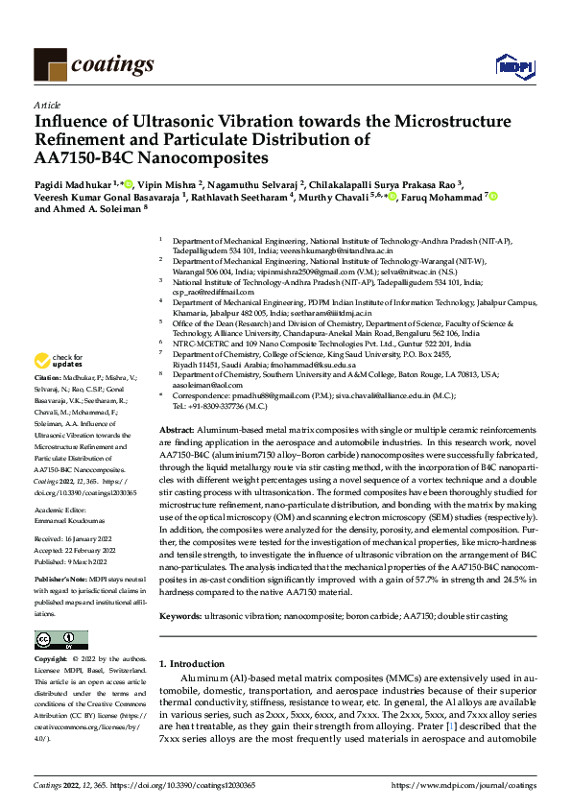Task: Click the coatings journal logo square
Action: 50,65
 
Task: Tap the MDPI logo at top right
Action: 515,65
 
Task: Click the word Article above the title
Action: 47,106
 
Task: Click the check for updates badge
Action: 59,361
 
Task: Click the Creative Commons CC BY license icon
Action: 61,639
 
